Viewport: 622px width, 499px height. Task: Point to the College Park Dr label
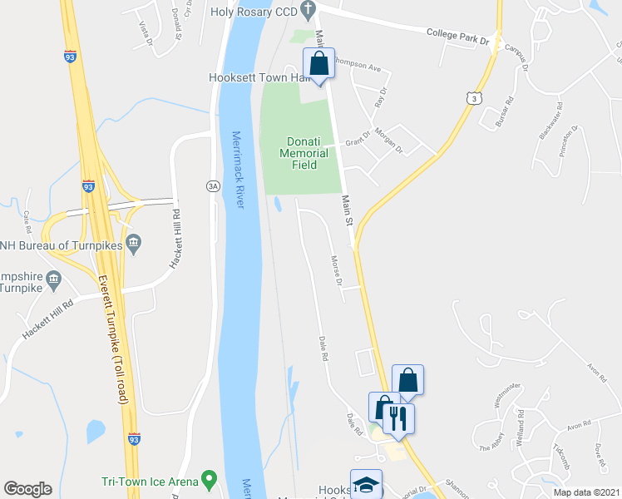pyautogui.click(x=457, y=36)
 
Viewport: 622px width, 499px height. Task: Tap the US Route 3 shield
pyautogui.click(x=473, y=98)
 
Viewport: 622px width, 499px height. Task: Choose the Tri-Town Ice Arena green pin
pyautogui.click(x=209, y=480)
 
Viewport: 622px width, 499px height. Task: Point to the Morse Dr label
pyautogui.click(x=337, y=270)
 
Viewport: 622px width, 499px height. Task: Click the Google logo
pyautogui.click(x=27, y=489)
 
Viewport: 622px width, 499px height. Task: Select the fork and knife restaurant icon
pyautogui.click(x=397, y=418)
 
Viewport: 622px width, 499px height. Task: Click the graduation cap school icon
pyautogui.click(x=366, y=485)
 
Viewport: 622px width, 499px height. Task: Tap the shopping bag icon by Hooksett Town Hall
pyautogui.click(x=318, y=63)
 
